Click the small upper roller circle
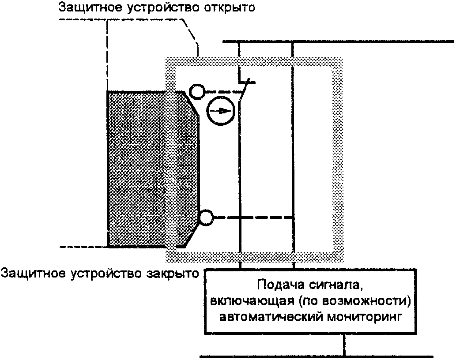pos(196,91)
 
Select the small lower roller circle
pos(206,217)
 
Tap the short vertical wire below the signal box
pos(344,345)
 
